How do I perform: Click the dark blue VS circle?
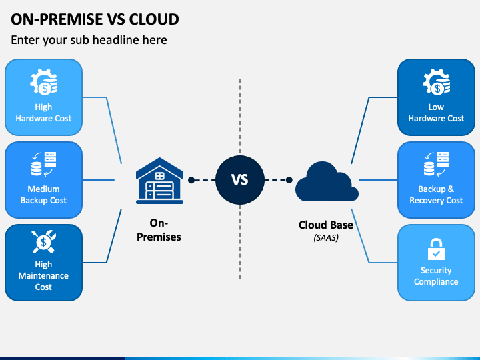240,179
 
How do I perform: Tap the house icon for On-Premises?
159,181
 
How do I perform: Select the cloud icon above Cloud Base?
327,181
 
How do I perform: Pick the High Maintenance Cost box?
43,262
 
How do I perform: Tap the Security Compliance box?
436,262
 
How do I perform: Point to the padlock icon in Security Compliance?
436,250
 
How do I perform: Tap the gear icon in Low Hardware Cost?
436,83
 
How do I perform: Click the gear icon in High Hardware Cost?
43,83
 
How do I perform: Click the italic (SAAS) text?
326,237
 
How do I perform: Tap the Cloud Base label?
326,225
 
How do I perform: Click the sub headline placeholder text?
89,40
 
